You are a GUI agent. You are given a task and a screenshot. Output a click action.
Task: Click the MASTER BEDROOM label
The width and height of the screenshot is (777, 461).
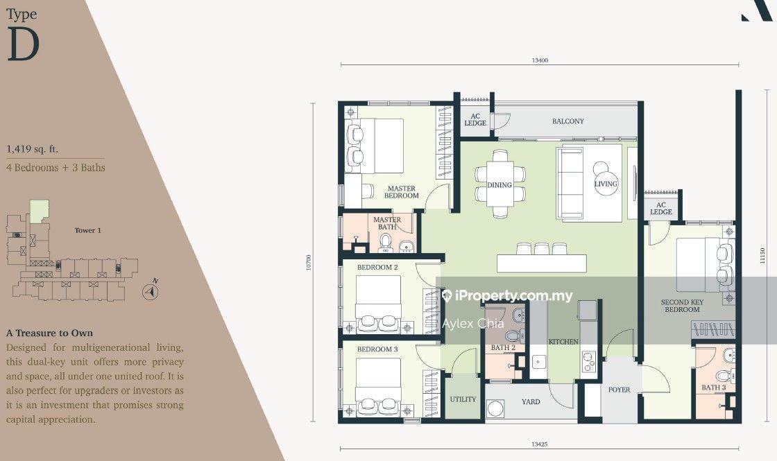pyautogui.click(x=402, y=192)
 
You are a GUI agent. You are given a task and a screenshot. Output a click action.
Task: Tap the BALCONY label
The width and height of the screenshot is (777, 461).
pyautogui.click(x=568, y=121)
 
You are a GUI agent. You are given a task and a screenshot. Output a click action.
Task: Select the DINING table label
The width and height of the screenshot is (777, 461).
pyautogui.click(x=499, y=185)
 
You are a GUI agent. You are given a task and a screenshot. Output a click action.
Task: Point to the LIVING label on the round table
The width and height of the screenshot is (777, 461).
pyautogui.click(x=606, y=184)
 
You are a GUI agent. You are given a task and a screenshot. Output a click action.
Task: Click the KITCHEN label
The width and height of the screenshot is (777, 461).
pyautogui.click(x=563, y=342)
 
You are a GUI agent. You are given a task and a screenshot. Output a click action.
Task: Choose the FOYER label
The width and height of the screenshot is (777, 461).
pyautogui.click(x=620, y=390)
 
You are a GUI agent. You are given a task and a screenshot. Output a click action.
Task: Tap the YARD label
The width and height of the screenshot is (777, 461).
pyautogui.click(x=531, y=401)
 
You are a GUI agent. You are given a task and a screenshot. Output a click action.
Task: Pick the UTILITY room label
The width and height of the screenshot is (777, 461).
pyautogui.click(x=463, y=399)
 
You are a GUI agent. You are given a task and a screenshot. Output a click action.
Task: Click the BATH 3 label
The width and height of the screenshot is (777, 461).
pyautogui.click(x=714, y=388)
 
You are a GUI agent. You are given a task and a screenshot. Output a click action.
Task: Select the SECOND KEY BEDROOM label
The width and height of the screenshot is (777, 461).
pyautogui.click(x=683, y=306)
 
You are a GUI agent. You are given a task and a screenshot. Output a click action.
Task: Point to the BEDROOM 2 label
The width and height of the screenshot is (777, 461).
pyautogui.click(x=377, y=268)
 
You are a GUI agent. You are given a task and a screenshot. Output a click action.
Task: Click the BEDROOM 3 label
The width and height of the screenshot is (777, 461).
pyautogui.click(x=377, y=349)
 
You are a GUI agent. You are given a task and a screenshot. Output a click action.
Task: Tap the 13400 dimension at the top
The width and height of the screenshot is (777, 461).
pyautogui.click(x=540, y=60)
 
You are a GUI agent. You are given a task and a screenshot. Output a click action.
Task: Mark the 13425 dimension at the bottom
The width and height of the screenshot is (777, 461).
pyautogui.click(x=540, y=444)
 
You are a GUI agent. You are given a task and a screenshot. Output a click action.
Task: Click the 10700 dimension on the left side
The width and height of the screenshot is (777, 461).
pyautogui.click(x=309, y=263)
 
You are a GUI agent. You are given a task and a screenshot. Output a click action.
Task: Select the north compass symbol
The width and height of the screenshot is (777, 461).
pyautogui.click(x=151, y=291)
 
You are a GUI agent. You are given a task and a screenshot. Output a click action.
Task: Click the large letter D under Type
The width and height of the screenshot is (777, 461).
pyautogui.click(x=24, y=44)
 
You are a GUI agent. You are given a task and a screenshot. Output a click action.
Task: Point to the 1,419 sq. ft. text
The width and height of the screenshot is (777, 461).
pyautogui.click(x=32, y=149)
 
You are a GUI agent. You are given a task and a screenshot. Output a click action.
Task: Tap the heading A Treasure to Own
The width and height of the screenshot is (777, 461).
pyautogui.click(x=49, y=333)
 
